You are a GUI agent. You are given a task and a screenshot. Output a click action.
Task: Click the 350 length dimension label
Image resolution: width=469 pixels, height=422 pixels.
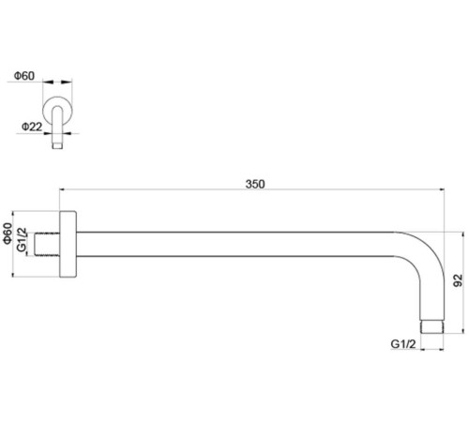pyautogui.click(x=255, y=184)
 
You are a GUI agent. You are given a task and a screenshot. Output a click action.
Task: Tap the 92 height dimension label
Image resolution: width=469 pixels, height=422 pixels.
pyautogui.click(x=458, y=280)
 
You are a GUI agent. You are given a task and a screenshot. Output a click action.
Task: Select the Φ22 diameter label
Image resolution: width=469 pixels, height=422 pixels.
pyautogui.click(x=32, y=127)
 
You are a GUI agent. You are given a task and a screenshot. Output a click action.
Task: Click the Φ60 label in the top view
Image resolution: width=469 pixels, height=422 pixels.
pyautogui.click(x=24, y=76)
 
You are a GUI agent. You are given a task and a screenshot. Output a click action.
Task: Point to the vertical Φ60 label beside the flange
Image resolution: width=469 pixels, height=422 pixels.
pyautogui.click(x=8, y=234)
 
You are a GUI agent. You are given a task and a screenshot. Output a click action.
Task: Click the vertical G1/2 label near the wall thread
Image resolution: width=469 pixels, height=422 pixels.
pyautogui.click(x=22, y=239)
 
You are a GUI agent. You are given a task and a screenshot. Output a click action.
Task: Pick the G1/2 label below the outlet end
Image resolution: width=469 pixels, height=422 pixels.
pyautogui.click(x=403, y=344)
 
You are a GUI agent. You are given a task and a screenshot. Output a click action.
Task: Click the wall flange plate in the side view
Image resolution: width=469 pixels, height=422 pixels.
pyautogui.click(x=68, y=244)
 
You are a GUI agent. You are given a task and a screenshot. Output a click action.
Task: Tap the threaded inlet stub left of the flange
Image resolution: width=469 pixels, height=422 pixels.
pyautogui.click(x=47, y=245)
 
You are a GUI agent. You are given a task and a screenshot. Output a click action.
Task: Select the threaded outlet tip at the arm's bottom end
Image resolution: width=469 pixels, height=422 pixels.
pyautogui.click(x=432, y=327)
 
